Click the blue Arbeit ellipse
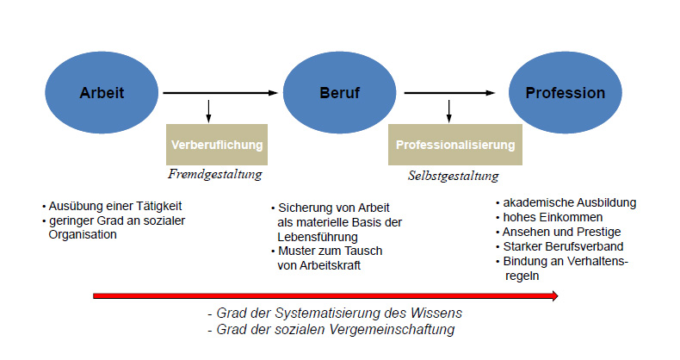point(102,92)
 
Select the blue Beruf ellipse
point(339,92)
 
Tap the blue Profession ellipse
point(565,92)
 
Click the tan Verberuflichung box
point(217,145)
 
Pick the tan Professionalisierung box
point(455,145)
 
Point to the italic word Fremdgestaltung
point(215,174)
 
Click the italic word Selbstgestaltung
point(453,176)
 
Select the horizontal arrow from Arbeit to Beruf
point(220,93)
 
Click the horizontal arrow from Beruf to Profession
point(449,93)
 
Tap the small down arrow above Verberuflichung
point(208,111)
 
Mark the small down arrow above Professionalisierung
point(448,111)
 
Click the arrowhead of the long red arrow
point(555,296)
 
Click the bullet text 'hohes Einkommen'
point(553,217)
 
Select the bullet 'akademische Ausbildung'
point(570,202)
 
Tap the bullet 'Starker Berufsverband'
point(563,247)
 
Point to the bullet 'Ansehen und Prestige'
point(561,232)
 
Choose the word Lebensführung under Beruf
point(318,237)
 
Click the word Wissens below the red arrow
point(436,313)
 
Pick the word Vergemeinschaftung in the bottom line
point(392,330)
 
